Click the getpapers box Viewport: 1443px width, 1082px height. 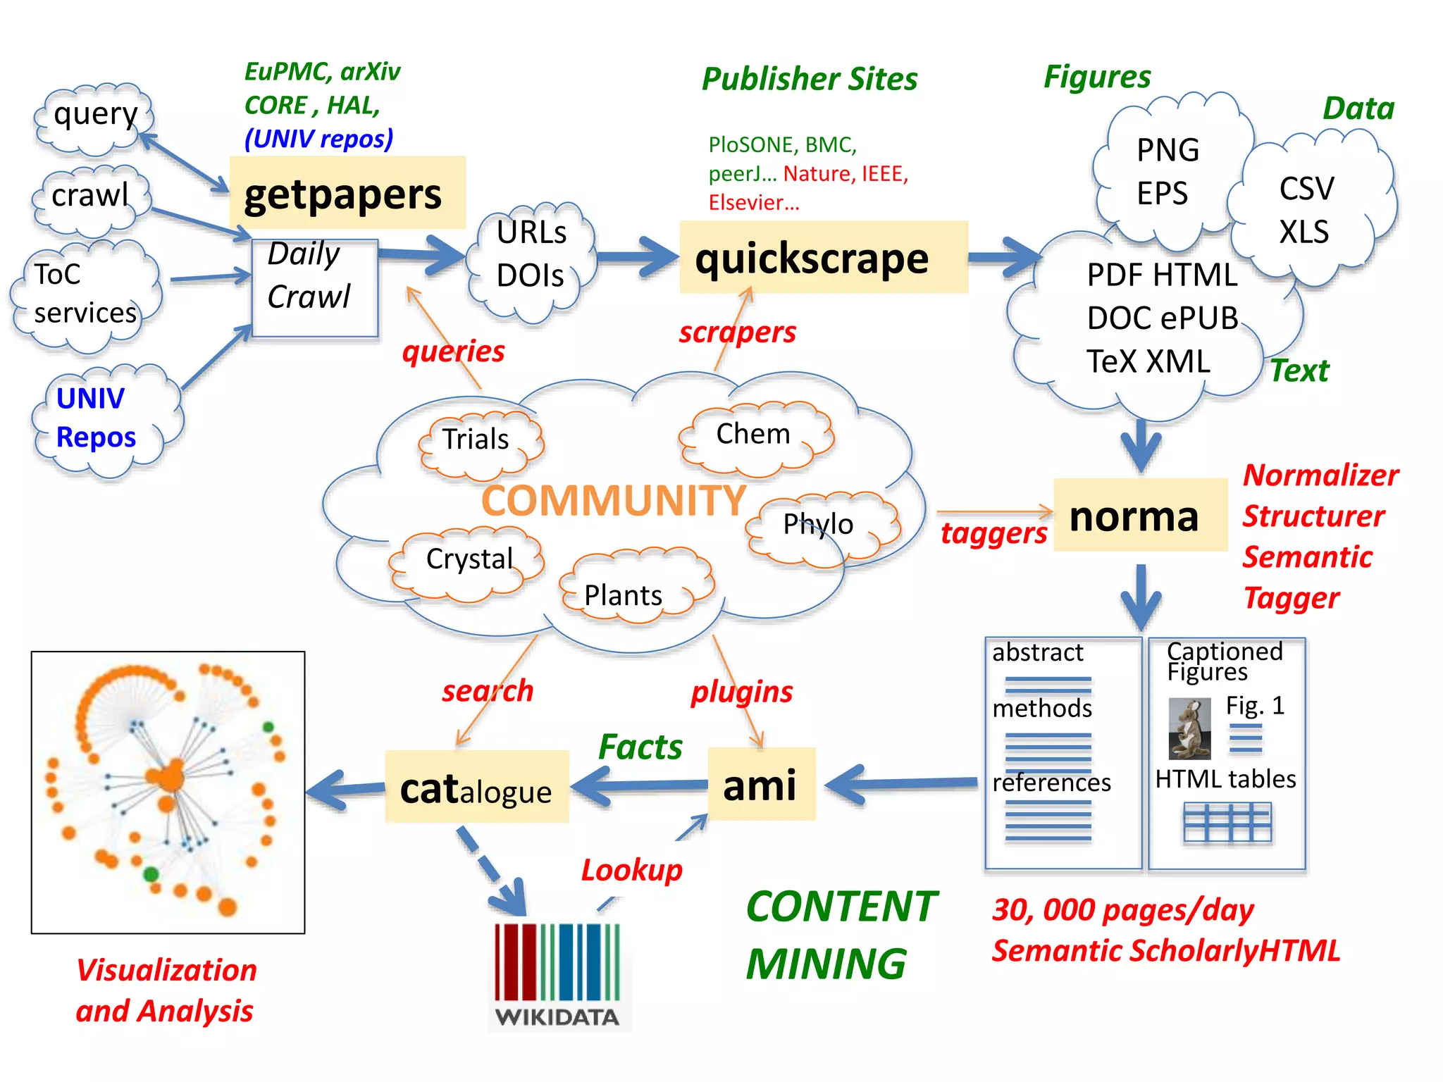pos(347,193)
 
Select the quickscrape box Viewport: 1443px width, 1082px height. pos(823,258)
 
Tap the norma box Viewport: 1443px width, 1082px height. pos(1139,516)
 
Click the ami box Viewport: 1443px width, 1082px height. pos(761,785)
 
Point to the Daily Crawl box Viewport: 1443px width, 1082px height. pos(314,287)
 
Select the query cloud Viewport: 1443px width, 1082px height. pos(94,118)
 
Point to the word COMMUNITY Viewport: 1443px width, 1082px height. pos(613,500)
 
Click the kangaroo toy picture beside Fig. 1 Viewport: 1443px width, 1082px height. pos(1189,729)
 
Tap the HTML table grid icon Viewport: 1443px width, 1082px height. pos(1227,822)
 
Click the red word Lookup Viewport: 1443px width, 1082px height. pos(631,871)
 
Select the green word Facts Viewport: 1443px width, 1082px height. pos(640,747)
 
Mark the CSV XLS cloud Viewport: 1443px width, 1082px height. pos(1309,210)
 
